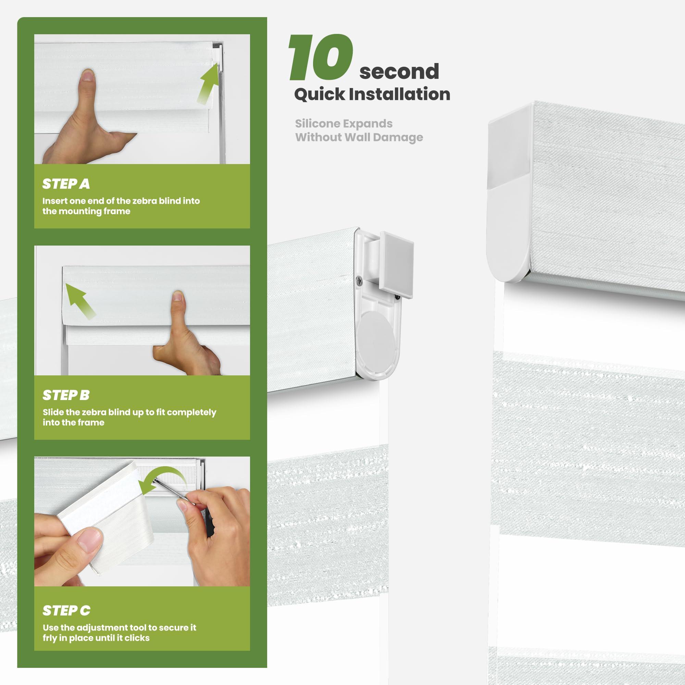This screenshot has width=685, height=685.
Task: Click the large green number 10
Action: tap(321, 57)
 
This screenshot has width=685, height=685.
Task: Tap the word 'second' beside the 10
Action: tap(399, 71)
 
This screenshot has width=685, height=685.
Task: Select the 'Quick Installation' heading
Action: tap(372, 94)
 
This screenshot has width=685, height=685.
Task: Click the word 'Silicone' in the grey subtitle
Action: tap(318, 123)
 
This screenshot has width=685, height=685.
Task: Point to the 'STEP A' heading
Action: tap(66, 184)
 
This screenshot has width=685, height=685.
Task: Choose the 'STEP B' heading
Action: tap(66, 395)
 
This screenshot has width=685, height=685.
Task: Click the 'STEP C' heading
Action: tap(66, 611)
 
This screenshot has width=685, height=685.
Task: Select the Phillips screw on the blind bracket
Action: tap(359, 281)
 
